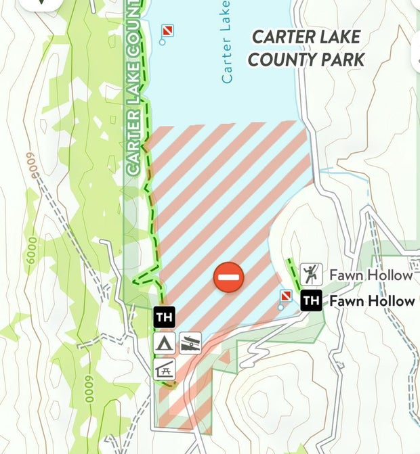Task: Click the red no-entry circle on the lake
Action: coord(229,277)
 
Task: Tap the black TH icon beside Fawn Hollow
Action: coord(311,300)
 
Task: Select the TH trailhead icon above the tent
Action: coord(164,317)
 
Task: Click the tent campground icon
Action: coord(164,342)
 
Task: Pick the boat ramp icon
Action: coord(190,343)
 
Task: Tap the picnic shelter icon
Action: coord(165,369)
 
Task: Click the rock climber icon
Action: coord(310,274)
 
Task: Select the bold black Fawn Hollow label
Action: coord(371,301)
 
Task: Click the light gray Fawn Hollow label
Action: coord(371,275)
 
